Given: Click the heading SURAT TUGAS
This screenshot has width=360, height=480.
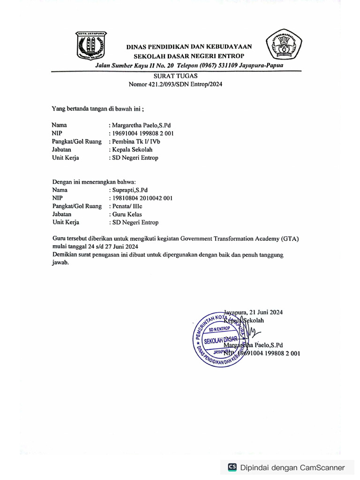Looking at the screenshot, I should click(x=175, y=76).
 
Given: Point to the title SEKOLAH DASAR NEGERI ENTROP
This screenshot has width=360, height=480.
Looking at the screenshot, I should click(x=189, y=56).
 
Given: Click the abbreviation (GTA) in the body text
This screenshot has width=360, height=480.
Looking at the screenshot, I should click(x=290, y=239).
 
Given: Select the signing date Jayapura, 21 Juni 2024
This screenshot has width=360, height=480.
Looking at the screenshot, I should click(x=253, y=312).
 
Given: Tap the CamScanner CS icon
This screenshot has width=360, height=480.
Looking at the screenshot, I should click(x=232, y=467).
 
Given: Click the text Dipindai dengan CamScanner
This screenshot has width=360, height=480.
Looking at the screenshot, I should click(x=292, y=467).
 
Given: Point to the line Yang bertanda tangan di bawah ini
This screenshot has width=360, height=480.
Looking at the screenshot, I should click(x=97, y=109).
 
